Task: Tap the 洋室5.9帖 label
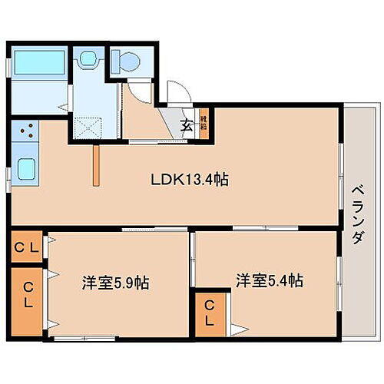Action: pyautogui.click(x=115, y=283)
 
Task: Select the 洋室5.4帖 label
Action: pyautogui.click(x=269, y=280)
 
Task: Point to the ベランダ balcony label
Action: pyautogui.click(x=357, y=215)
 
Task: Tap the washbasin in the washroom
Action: pyautogui.click(x=87, y=58)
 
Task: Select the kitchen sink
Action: pyautogui.click(x=28, y=168)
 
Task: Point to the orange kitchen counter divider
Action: pyautogui.click(x=97, y=164)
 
